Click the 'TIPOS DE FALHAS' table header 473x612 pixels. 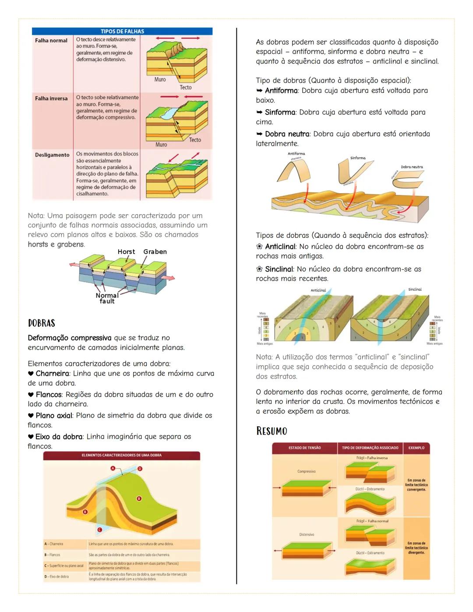pyautogui.click(x=122, y=32)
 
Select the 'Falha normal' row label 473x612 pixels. pyautogui.click(x=51, y=41)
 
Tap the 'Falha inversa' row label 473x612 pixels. pyautogui.click(x=51, y=99)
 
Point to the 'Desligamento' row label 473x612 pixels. pyautogui.click(x=52, y=155)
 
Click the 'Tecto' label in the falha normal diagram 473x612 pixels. pyautogui.click(x=186, y=88)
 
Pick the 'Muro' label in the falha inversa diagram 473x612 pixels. pyautogui.click(x=161, y=145)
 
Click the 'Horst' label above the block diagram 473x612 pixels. pyautogui.click(x=126, y=252)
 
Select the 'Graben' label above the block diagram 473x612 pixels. pyautogui.click(x=155, y=252)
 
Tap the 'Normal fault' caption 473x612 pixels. pyautogui.click(x=107, y=298)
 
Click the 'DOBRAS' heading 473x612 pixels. pyautogui.click(x=42, y=323)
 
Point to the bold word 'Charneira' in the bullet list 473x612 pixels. pyautogui.click(x=52, y=374)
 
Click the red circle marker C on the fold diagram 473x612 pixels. pyautogui.click(x=99, y=530)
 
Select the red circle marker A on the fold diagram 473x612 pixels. pyautogui.click(x=113, y=468)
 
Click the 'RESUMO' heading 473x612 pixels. pyautogui.click(x=272, y=431)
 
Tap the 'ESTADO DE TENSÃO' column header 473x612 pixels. pyautogui.click(x=304, y=448)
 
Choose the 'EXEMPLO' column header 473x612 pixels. pyautogui.click(x=416, y=448)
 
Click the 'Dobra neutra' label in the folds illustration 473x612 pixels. pyautogui.click(x=412, y=167)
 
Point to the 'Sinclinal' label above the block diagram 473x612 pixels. pyautogui.click(x=415, y=290)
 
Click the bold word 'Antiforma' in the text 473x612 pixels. pyautogui.click(x=281, y=91)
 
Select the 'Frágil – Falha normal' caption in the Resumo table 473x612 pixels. pyautogui.click(x=372, y=521)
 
